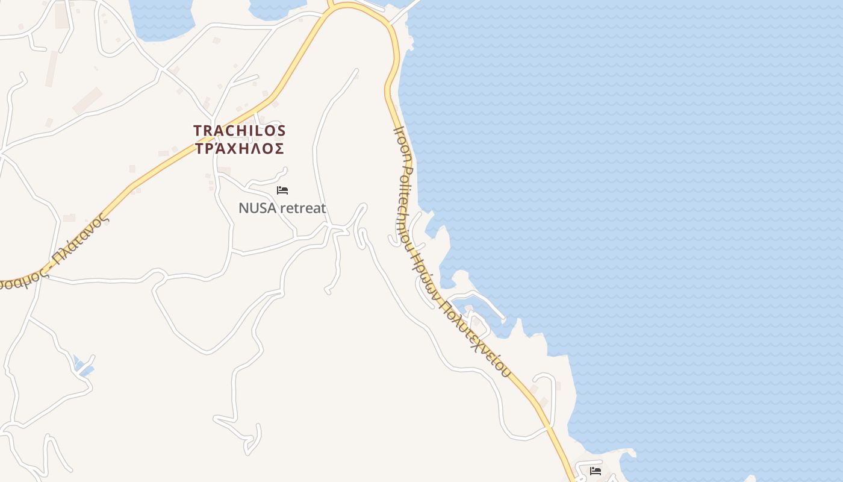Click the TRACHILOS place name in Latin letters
pyautogui.click(x=240, y=130)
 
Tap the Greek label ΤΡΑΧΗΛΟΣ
pyautogui.click(x=240, y=148)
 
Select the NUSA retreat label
pyautogui.click(x=282, y=208)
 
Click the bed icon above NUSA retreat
pyautogui.click(x=282, y=190)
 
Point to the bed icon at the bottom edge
pyautogui.click(x=596, y=471)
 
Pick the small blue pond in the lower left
pyautogui.click(x=82, y=366)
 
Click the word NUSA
pyautogui.click(x=257, y=208)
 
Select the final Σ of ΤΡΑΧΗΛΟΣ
pyautogui.click(x=279, y=148)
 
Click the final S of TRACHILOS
pyautogui.click(x=281, y=130)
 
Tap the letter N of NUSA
pyautogui.click(x=243, y=208)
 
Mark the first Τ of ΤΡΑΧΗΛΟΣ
pyautogui.click(x=200, y=148)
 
